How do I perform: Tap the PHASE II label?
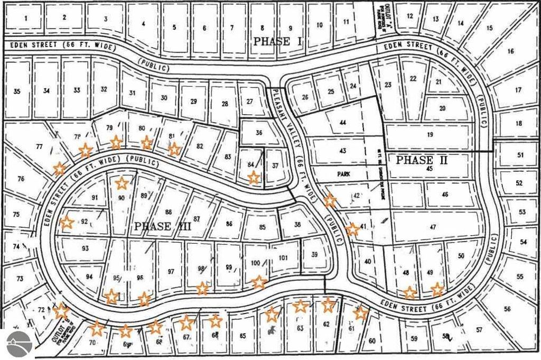422,160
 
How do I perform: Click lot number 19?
430,135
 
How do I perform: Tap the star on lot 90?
122,183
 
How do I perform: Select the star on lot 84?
254,177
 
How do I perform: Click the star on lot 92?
67,223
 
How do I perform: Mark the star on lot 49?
437,289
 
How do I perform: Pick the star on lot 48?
409,292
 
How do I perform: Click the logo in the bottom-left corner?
16,344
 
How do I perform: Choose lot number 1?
25,17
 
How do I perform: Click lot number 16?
510,51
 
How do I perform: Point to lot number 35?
17,91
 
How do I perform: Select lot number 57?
479,330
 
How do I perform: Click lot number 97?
171,271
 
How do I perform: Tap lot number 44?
343,122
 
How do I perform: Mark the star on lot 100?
259,282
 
